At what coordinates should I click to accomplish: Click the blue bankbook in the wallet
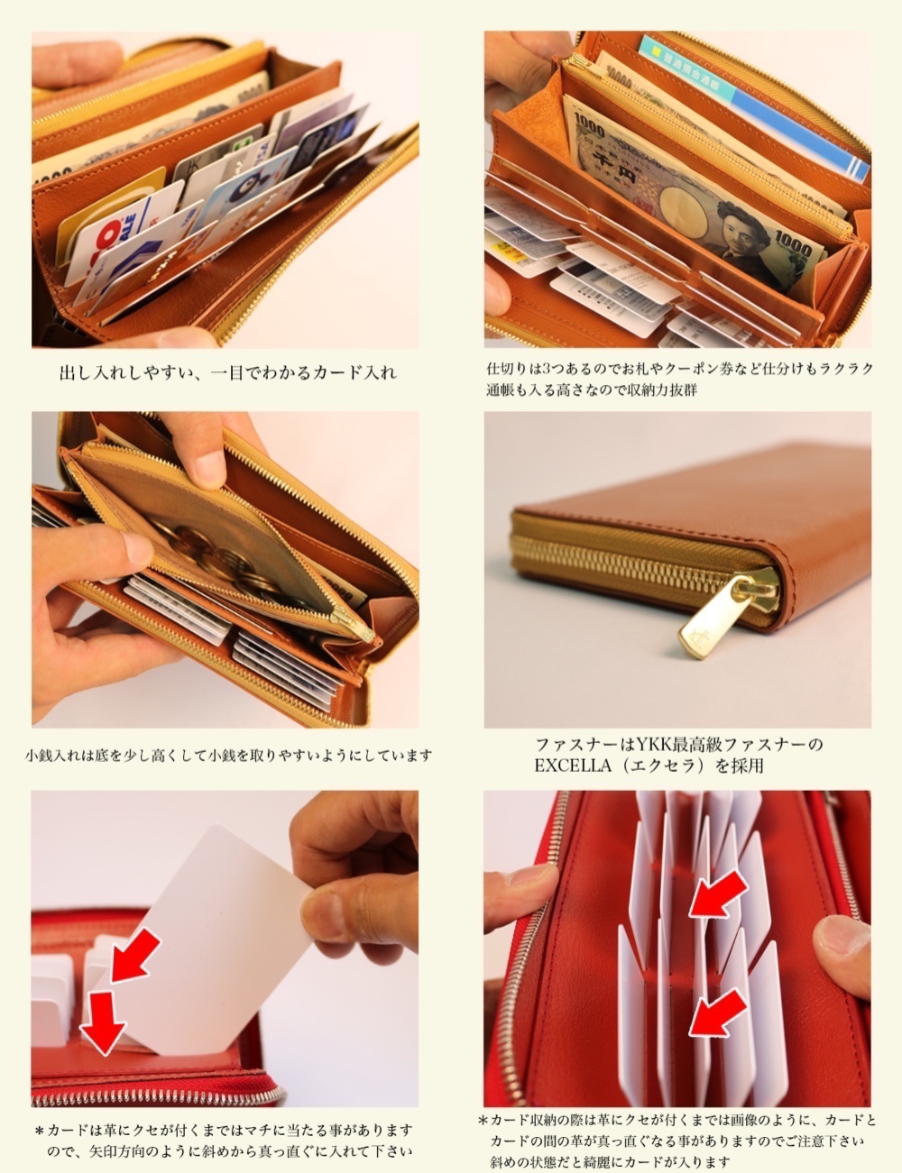(758, 104)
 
